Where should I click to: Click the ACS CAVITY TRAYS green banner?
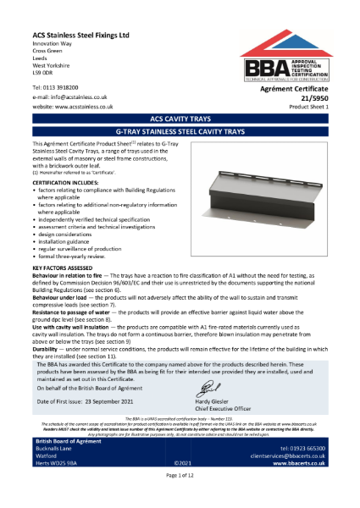coord(180,120)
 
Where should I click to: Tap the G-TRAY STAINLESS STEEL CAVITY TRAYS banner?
coord(180,133)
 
